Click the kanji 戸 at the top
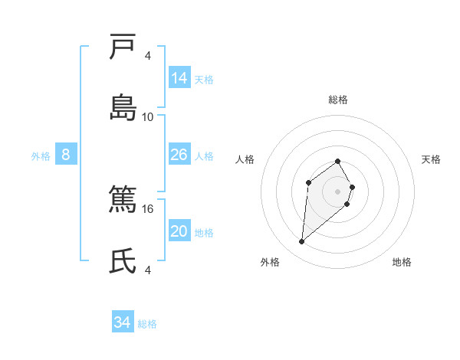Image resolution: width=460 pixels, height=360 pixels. coord(123,47)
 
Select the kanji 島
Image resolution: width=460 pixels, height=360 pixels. coord(123,107)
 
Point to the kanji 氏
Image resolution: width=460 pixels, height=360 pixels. coord(123,260)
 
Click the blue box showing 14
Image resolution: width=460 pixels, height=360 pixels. coord(179,77)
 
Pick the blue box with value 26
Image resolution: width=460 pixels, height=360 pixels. coord(179,155)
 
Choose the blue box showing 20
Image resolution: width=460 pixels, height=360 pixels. coord(179,231)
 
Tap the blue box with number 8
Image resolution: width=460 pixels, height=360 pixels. coord(66,155)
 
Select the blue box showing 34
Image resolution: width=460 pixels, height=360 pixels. coord(123,322)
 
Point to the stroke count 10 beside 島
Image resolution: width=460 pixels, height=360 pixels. coord(148,116)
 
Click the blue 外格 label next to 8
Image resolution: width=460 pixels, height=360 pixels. coord(41,156)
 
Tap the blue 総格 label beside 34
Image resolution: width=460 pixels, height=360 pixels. coord(147,324)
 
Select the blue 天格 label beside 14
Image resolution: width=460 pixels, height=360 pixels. coord(204,79)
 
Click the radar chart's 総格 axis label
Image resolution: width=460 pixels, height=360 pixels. coord(338,100)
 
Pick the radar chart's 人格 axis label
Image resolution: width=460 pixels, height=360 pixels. coord(245,159)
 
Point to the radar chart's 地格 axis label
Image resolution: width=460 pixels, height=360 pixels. coord(402,262)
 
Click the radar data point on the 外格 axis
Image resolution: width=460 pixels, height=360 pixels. coord(302,242)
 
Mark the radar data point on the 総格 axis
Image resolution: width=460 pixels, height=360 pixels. coord(338,161)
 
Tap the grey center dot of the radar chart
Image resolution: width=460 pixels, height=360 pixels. coord(338,191)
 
